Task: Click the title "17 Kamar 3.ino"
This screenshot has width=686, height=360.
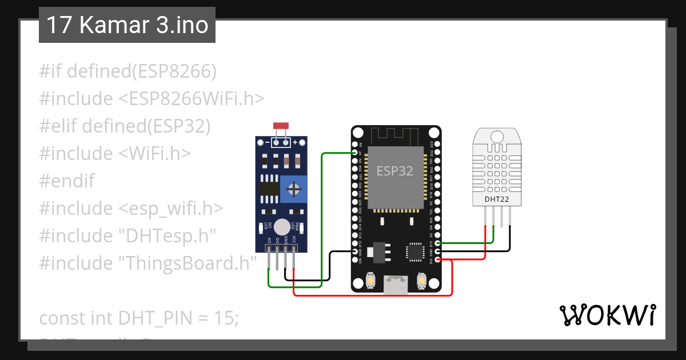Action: pyautogui.click(x=127, y=25)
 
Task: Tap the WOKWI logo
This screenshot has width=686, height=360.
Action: pyautogui.click(x=607, y=315)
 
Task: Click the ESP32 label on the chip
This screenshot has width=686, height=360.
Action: pyautogui.click(x=394, y=171)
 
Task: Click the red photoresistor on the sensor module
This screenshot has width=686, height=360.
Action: pyautogui.click(x=280, y=125)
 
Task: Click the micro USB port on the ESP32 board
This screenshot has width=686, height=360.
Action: pyautogui.click(x=396, y=285)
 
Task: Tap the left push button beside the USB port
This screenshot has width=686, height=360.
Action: pyautogui.click(x=370, y=281)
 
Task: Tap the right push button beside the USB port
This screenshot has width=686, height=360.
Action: pyautogui.click(x=421, y=281)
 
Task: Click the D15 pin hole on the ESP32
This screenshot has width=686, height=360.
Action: pyautogui.click(x=437, y=243)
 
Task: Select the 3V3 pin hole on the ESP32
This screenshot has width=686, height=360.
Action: pyautogui.click(x=437, y=260)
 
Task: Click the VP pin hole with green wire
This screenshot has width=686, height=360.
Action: pyautogui.click(x=355, y=153)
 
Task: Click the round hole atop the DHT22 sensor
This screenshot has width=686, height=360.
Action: pyautogui.click(x=497, y=137)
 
